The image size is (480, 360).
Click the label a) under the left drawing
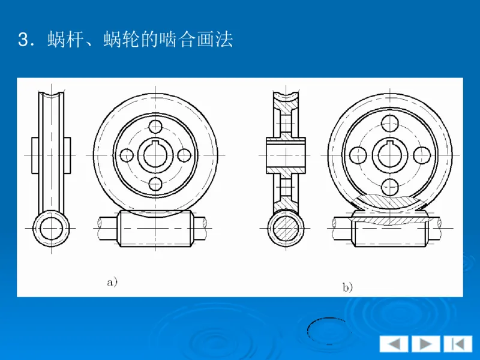[111, 281]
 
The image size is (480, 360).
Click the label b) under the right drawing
[348, 287]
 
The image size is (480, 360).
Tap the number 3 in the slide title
[23, 41]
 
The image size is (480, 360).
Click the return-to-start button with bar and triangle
[458, 344]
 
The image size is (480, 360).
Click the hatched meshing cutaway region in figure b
[390, 207]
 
